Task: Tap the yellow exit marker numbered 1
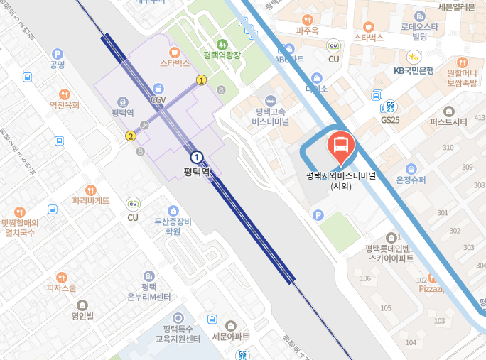(202, 80)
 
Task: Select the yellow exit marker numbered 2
(131, 136)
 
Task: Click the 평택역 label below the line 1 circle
(197, 171)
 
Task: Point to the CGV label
(158, 100)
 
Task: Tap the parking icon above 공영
(58, 53)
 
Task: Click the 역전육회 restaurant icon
(64, 93)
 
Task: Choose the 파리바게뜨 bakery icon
(91, 190)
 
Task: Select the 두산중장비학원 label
(173, 226)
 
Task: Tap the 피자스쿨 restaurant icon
(61, 278)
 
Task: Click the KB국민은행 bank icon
(413, 57)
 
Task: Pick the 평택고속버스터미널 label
(270, 116)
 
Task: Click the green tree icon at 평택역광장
(221, 44)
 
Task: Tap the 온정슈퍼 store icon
(411, 168)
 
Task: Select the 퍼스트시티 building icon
(448, 111)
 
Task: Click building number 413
(479, 117)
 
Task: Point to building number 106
(365, 278)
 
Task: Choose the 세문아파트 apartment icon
(231, 324)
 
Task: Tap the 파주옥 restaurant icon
(307, 20)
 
